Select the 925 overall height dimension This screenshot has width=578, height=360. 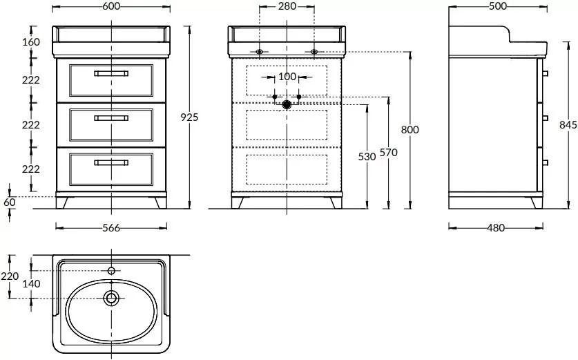click(x=191, y=117)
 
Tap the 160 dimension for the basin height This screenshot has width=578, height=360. click(x=30, y=41)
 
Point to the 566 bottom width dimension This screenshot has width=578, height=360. click(x=110, y=228)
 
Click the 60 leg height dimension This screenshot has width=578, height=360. click(x=8, y=202)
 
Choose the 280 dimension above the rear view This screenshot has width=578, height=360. click(x=287, y=6)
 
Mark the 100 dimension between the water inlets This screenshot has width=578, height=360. click(x=287, y=76)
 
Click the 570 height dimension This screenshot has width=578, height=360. click(x=389, y=154)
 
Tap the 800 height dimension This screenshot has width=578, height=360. click(x=410, y=129)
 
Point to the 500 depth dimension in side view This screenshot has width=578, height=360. click(x=497, y=6)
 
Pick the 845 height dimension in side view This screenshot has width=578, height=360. click(x=568, y=124)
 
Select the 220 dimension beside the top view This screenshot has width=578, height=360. click(x=10, y=276)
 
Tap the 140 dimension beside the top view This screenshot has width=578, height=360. click(x=32, y=283)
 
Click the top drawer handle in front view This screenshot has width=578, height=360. click(x=111, y=73)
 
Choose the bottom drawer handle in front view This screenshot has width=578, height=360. click(x=111, y=162)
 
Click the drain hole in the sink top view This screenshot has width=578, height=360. click(x=111, y=299)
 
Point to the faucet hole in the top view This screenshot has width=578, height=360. click(x=111, y=271)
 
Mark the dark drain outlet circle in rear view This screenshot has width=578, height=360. click(x=287, y=105)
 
